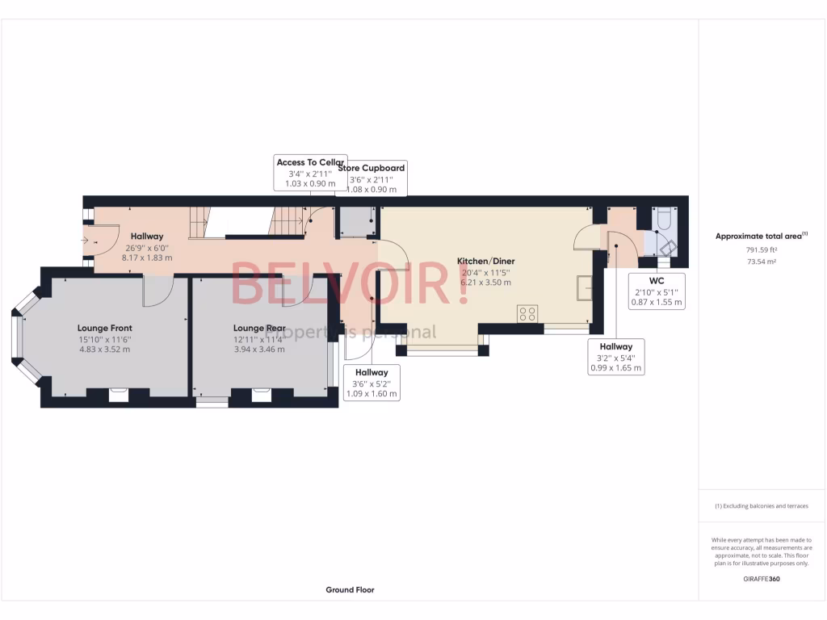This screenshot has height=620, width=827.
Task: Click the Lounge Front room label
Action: click(x=104, y=329)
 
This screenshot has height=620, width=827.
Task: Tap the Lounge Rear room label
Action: click(x=259, y=329)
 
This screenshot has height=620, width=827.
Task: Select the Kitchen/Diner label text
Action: click(x=485, y=262)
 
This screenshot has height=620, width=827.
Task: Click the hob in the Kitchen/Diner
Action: click(x=528, y=313)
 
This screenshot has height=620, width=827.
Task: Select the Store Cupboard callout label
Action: click(x=372, y=178)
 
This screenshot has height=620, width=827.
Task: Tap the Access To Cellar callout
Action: click(x=310, y=173)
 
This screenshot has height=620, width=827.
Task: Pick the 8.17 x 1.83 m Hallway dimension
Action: click(x=147, y=257)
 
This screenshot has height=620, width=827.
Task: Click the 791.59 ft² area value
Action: click(x=762, y=250)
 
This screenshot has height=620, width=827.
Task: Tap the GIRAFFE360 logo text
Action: click(x=762, y=579)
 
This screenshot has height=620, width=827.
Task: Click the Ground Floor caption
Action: click(x=350, y=590)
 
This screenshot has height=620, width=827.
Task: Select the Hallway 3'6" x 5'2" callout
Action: click(x=372, y=383)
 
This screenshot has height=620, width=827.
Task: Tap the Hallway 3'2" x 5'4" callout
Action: click(x=615, y=357)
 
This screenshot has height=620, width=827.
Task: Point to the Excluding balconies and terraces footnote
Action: click(x=762, y=506)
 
